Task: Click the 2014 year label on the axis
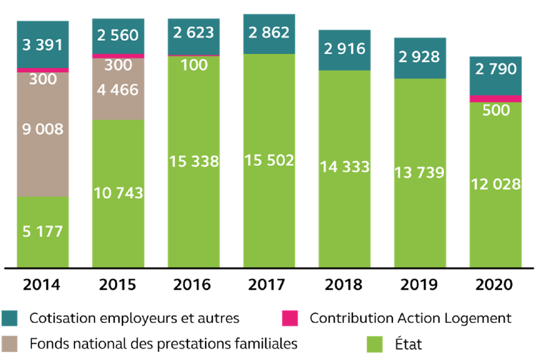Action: point(42,285)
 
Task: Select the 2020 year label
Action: point(495,285)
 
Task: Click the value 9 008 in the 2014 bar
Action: point(42,129)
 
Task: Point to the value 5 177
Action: point(42,231)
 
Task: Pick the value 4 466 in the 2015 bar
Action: point(118,90)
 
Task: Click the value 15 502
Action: point(269,161)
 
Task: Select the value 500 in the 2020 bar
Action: point(495,110)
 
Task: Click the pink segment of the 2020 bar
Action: point(495,98)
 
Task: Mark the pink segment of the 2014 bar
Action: point(42,70)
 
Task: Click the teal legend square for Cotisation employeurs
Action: point(14,318)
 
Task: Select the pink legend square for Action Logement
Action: point(288,318)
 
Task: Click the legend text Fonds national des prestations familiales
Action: point(164,344)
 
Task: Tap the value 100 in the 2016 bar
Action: point(193,65)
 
